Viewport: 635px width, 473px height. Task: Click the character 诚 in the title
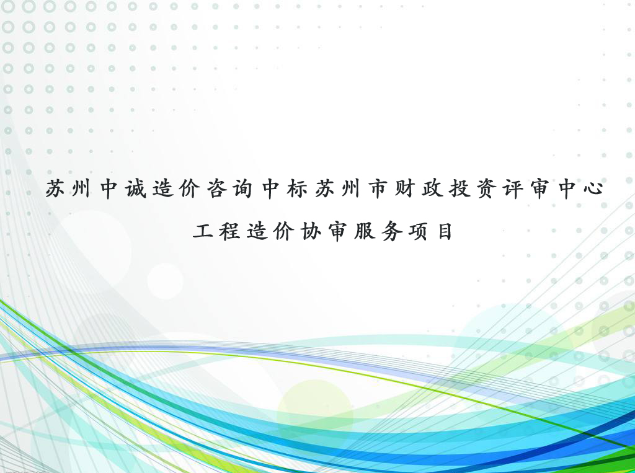coord(136,188)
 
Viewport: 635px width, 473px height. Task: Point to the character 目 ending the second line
coord(445,232)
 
